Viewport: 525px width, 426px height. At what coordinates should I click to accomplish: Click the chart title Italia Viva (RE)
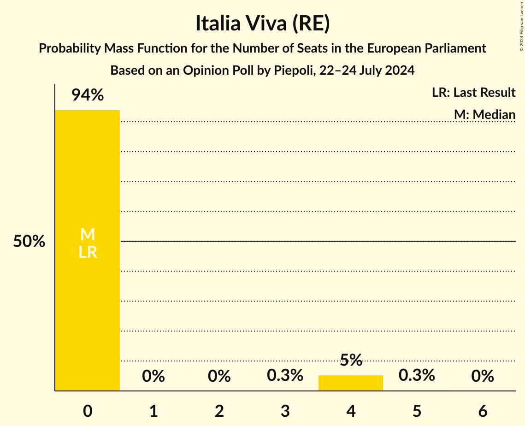(x=262, y=24)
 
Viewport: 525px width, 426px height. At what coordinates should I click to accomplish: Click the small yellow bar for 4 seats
(x=351, y=383)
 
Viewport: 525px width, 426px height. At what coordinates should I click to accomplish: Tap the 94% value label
(x=88, y=95)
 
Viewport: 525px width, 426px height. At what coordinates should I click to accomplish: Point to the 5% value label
(x=351, y=360)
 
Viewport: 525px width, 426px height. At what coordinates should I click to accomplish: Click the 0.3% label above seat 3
(x=285, y=375)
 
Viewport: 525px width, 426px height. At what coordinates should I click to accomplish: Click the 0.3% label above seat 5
(x=417, y=375)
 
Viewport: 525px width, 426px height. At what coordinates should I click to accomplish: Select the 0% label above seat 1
(x=153, y=376)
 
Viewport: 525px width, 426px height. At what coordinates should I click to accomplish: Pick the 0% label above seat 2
(x=219, y=376)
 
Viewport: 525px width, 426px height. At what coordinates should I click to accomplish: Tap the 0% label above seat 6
(x=483, y=376)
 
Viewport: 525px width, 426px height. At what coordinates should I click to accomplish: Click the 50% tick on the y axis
(x=29, y=242)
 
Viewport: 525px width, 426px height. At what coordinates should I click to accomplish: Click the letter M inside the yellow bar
(x=88, y=235)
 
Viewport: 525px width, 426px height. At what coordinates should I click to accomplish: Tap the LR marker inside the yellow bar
(x=88, y=252)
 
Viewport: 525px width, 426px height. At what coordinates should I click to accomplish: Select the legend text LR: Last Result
(x=473, y=93)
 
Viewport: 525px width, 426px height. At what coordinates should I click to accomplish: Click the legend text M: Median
(x=484, y=114)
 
